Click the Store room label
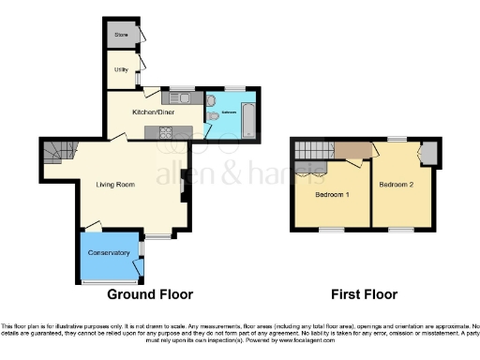pos(121,36)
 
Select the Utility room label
pos(121,69)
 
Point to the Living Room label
pos(117,184)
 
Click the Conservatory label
pos(109,253)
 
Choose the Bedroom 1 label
pos(332,195)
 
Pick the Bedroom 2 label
pos(397,185)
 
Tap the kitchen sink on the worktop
pos(177,97)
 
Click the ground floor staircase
pos(57,150)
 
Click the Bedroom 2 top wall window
pos(398,139)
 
